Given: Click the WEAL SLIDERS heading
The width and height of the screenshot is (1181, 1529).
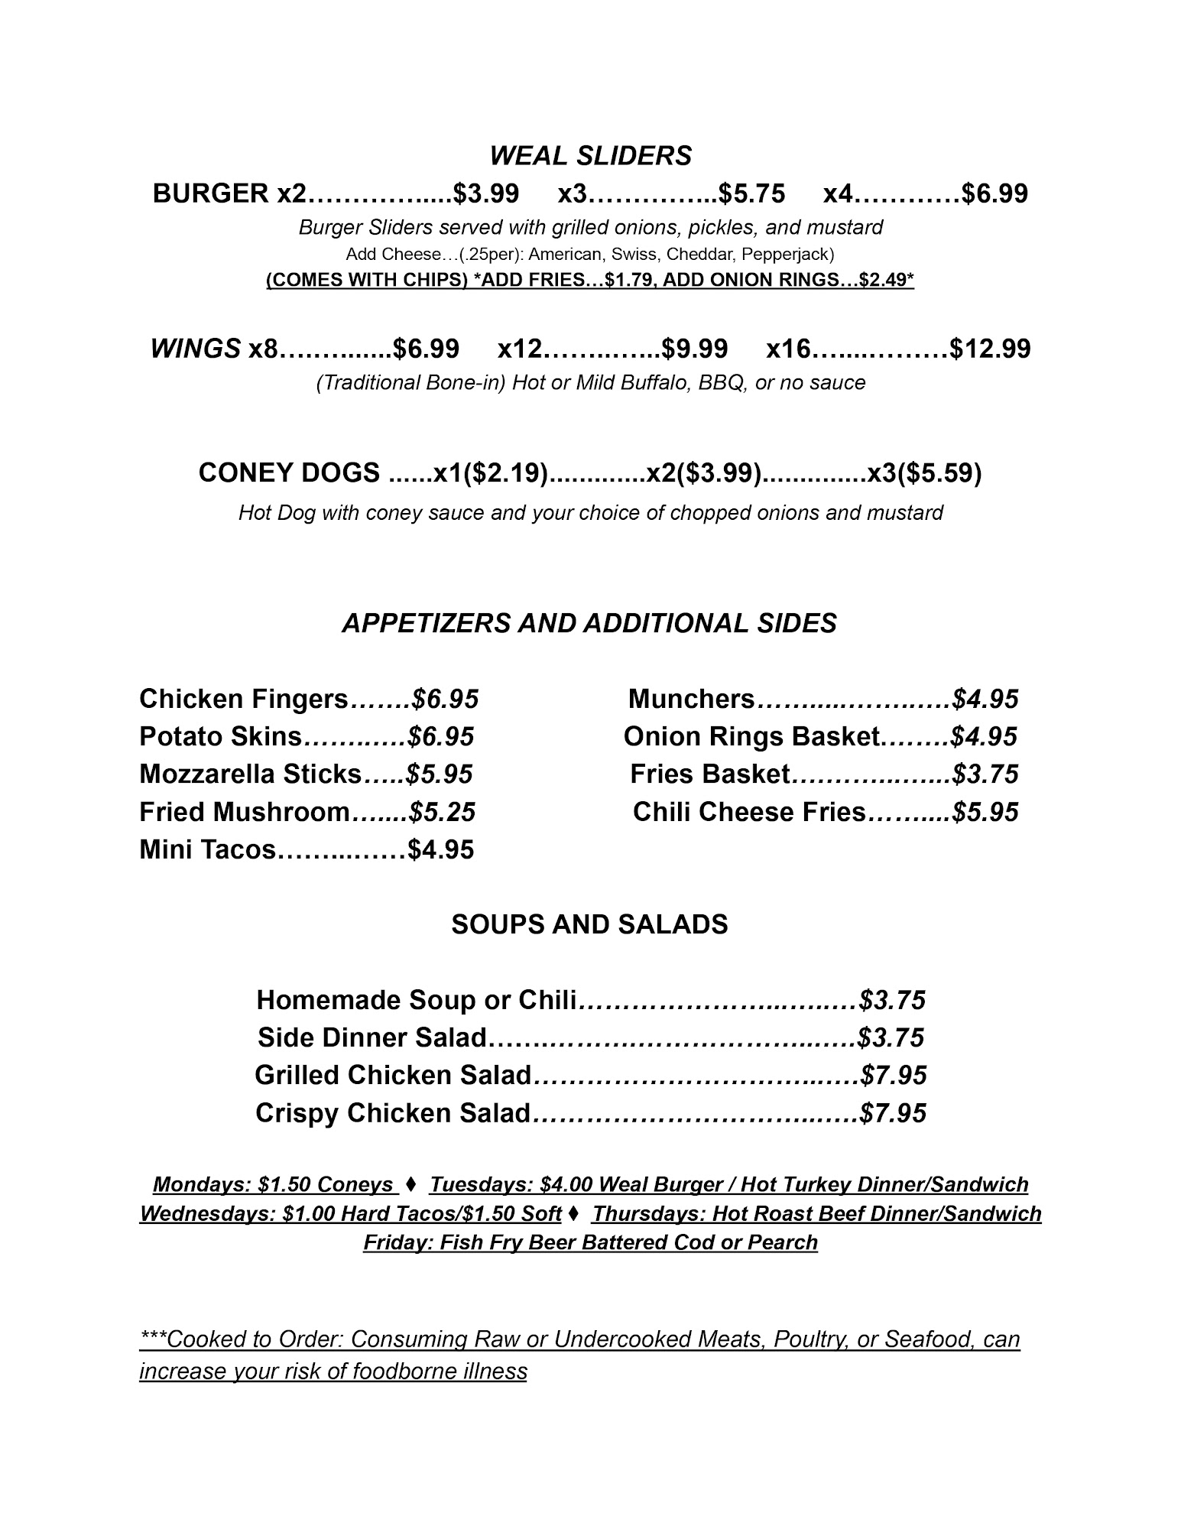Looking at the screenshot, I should tap(590, 156).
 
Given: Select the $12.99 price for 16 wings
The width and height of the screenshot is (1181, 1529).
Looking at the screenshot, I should tap(990, 349).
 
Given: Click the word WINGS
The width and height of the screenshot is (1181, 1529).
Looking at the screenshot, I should tap(196, 349).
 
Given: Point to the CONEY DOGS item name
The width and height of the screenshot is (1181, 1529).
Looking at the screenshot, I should tap(289, 473).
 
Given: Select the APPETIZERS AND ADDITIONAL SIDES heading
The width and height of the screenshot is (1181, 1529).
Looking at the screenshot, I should tap(589, 623).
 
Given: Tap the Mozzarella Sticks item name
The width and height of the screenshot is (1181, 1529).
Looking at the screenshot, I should tap(250, 774).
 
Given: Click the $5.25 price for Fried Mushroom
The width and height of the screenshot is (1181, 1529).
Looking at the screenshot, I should tap(442, 812).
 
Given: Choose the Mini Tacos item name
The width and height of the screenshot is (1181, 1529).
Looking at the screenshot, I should tap(206, 849).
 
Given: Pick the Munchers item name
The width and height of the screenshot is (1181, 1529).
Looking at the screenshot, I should tap(691, 699).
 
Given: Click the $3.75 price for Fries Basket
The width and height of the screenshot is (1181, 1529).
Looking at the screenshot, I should tap(985, 774).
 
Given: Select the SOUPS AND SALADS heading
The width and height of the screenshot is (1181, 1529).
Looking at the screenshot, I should tap(589, 924).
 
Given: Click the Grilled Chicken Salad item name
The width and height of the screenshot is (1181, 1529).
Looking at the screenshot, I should tap(392, 1076).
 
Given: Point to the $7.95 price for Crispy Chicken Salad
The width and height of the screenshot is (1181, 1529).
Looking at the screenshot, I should tap(893, 1113).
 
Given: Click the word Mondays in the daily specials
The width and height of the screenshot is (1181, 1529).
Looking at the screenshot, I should tap(202, 1185).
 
